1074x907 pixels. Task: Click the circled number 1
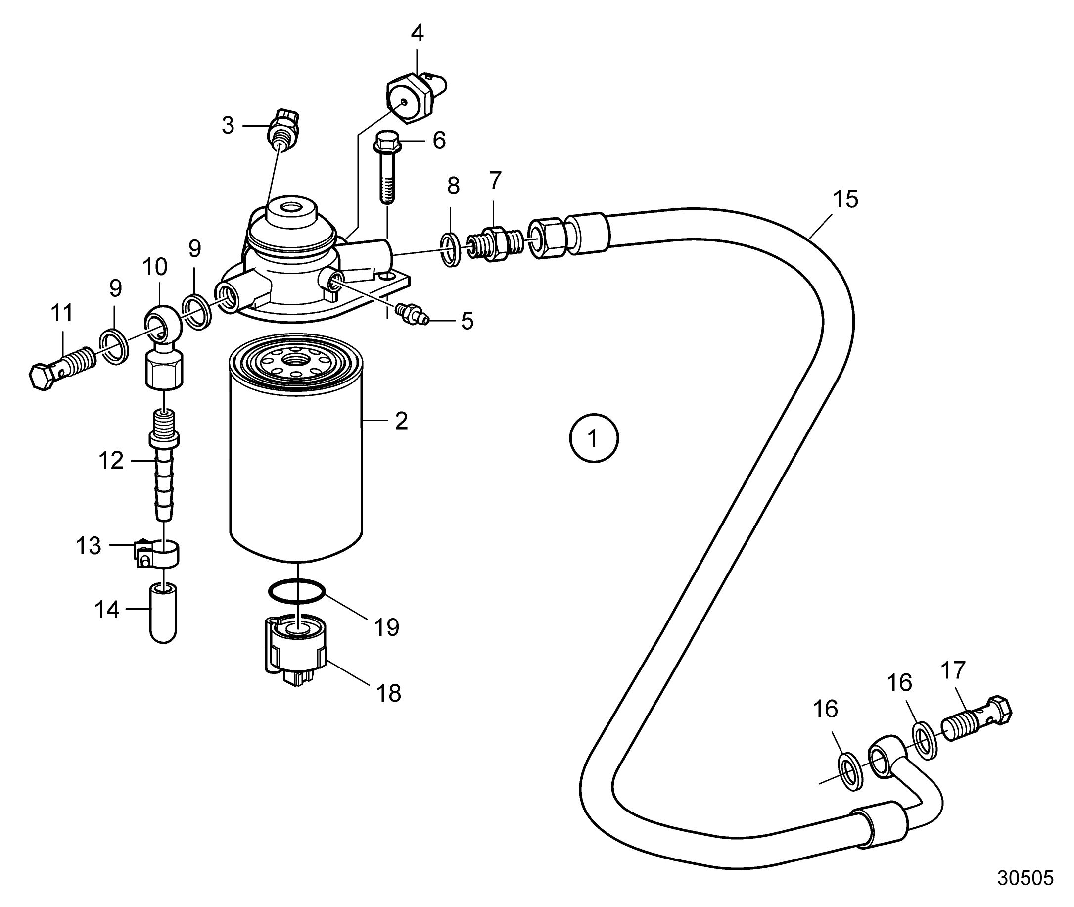(x=594, y=439)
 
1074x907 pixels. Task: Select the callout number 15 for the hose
(x=845, y=199)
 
